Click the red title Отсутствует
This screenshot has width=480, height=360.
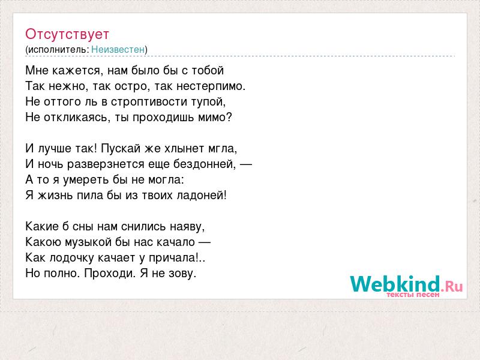(x=67, y=34)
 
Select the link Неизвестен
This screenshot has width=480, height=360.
(x=118, y=49)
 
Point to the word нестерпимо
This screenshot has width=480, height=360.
(x=211, y=86)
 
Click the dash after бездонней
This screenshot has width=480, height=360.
(x=246, y=164)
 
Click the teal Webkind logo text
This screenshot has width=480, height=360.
(x=395, y=283)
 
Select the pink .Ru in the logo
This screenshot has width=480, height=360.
(x=452, y=286)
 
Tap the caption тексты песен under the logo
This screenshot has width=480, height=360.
(x=413, y=295)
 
